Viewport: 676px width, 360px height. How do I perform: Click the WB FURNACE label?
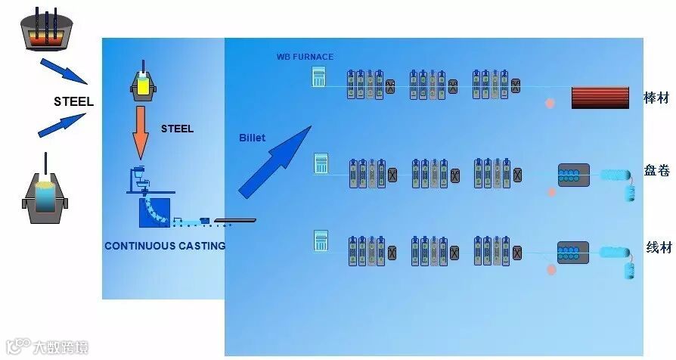305,57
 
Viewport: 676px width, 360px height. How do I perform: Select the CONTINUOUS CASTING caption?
165,246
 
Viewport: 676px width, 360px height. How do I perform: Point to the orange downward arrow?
141,132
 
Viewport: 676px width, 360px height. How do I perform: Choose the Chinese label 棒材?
655,98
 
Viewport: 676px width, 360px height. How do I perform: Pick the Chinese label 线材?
658,247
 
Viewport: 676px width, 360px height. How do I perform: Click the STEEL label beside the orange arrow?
177,129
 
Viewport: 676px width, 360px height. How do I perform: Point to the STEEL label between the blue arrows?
73,102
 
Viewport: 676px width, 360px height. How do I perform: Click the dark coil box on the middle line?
573,175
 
